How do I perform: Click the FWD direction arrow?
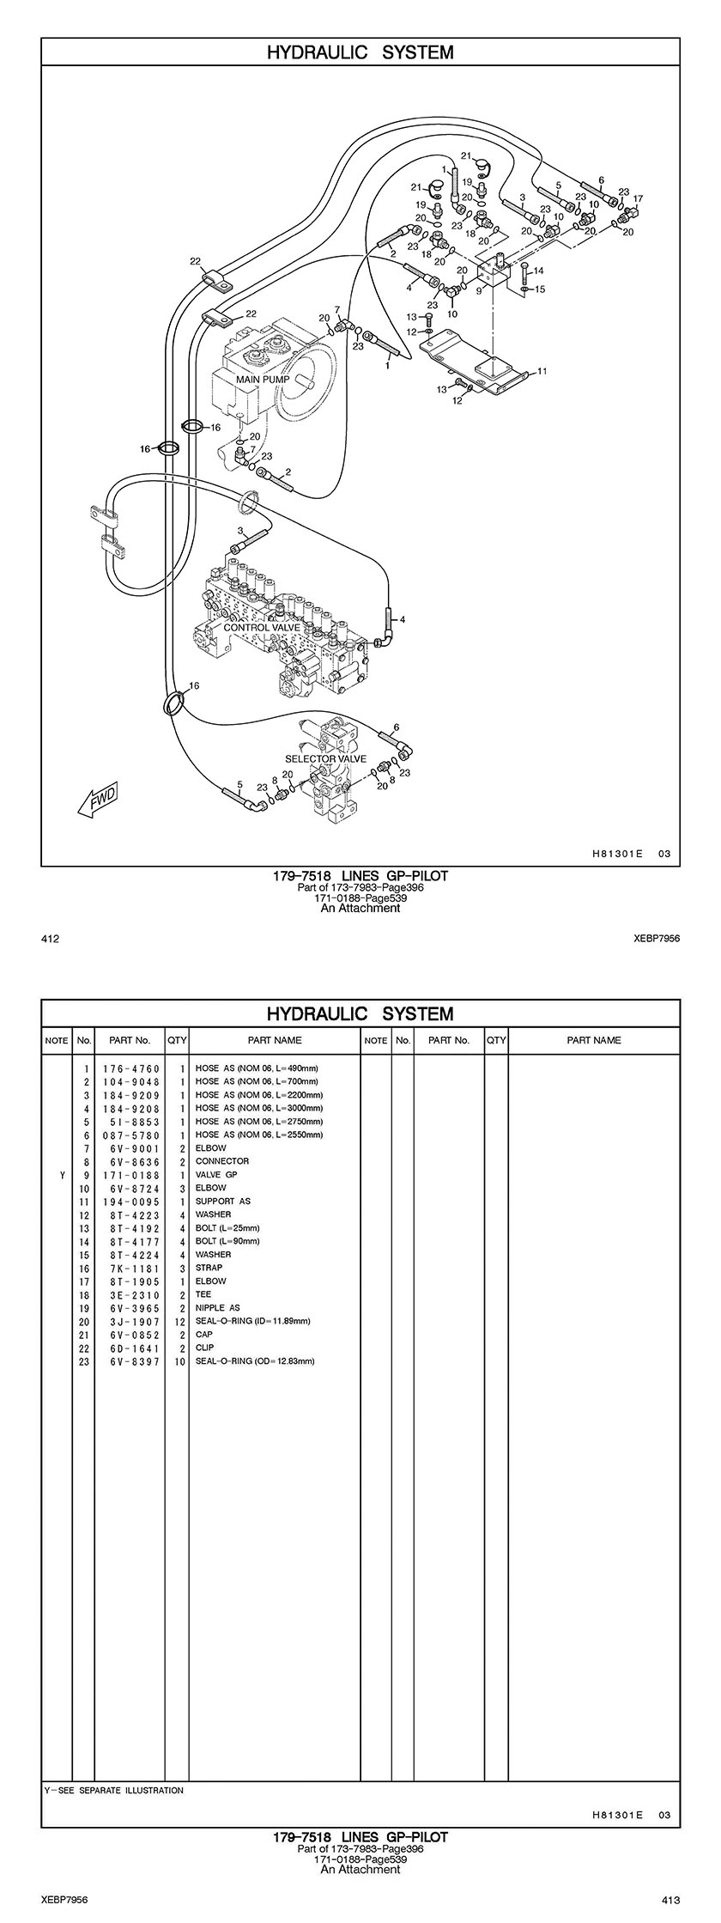click(97, 798)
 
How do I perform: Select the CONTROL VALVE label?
click(263, 628)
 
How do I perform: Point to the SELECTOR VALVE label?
click(325, 759)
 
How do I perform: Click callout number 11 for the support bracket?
click(542, 371)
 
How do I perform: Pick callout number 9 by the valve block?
click(479, 291)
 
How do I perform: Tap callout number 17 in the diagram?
click(638, 198)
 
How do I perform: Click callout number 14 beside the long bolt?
click(539, 271)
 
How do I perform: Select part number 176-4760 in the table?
click(131, 1068)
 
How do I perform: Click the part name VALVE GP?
click(216, 1174)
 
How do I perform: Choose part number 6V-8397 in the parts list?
click(131, 1361)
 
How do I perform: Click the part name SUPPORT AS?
click(223, 1201)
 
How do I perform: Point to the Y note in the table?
click(62, 1174)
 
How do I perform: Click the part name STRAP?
click(209, 1268)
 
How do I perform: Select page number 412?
click(50, 939)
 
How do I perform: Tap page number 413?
click(670, 1899)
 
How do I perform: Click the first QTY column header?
click(177, 1040)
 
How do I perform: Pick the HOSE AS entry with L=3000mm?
click(257, 1108)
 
